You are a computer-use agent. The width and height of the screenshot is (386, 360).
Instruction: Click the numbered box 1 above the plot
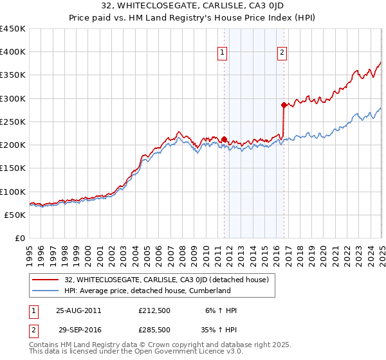(x=222, y=53)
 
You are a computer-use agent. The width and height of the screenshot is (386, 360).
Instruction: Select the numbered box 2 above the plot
(x=282, y=53)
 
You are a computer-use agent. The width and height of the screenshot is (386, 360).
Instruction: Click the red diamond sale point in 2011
(x=224, y=139)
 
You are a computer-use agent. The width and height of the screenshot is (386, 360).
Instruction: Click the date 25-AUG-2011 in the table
(x=78, y=310)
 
